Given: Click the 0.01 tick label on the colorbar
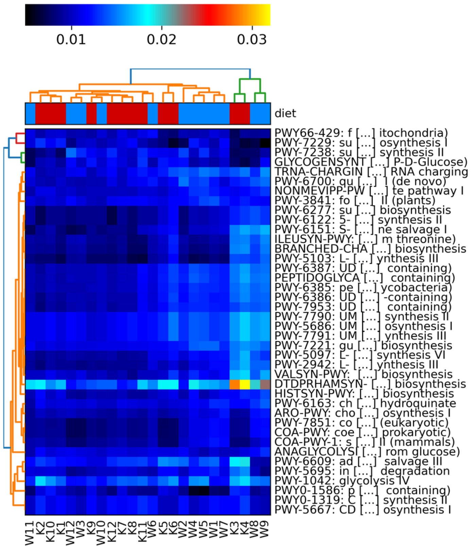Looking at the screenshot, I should [x=71, y=39].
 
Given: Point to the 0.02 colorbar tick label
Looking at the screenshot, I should [x=161, y=39].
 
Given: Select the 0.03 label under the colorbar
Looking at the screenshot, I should [x=252, y=39].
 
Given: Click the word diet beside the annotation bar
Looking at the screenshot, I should [x=285, y=113].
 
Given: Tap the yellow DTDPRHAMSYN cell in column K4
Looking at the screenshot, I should [x=245, y=384].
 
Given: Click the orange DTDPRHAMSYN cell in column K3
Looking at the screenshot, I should [x=235, y=384].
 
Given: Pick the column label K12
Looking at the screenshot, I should [x=112, y=533].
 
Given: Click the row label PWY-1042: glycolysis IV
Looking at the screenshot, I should [x=342, y=481].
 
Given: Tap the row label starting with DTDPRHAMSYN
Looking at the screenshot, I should [x=370, y=384].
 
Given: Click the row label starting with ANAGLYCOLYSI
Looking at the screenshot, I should [x=367, y=452].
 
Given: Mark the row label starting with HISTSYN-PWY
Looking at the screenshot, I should [x=364, y=394].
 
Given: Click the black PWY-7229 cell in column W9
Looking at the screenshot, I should [x=265, y=143].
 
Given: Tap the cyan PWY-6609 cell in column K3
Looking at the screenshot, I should [x=235, y=462].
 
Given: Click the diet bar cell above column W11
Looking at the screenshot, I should [x=30, y=114].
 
